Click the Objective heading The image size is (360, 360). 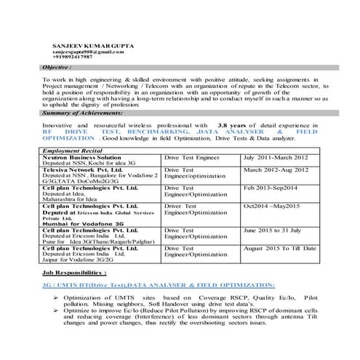click(57, 67)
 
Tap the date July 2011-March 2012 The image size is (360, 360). click(275, 157)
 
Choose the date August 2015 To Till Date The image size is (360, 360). click(280, 249)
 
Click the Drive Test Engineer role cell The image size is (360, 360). click(191, 157)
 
